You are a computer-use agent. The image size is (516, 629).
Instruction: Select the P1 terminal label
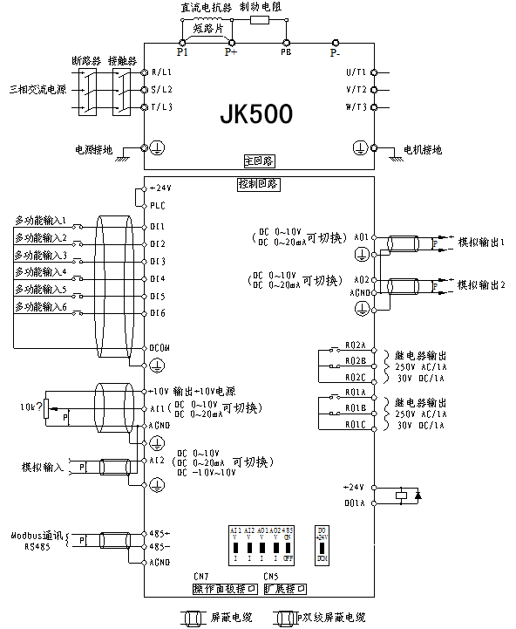(x=184, y=52)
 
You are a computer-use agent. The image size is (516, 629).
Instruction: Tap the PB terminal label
(x=285, y=52)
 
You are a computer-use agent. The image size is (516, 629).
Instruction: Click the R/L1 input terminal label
(x=162, y=72)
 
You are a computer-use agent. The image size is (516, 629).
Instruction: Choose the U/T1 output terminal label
(x=356, y=72)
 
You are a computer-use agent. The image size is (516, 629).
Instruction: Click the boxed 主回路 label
(x=258, y=162)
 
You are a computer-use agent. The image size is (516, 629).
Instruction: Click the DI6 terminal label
(x=158, y=312)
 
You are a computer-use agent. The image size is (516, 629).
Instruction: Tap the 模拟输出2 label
(x=482, y=285)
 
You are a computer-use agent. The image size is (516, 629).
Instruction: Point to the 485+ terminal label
(x=159, y=532)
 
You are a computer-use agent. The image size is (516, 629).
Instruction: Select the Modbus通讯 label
(x=36, y=535)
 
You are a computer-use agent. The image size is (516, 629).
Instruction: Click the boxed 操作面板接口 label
(x=225, y=589)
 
